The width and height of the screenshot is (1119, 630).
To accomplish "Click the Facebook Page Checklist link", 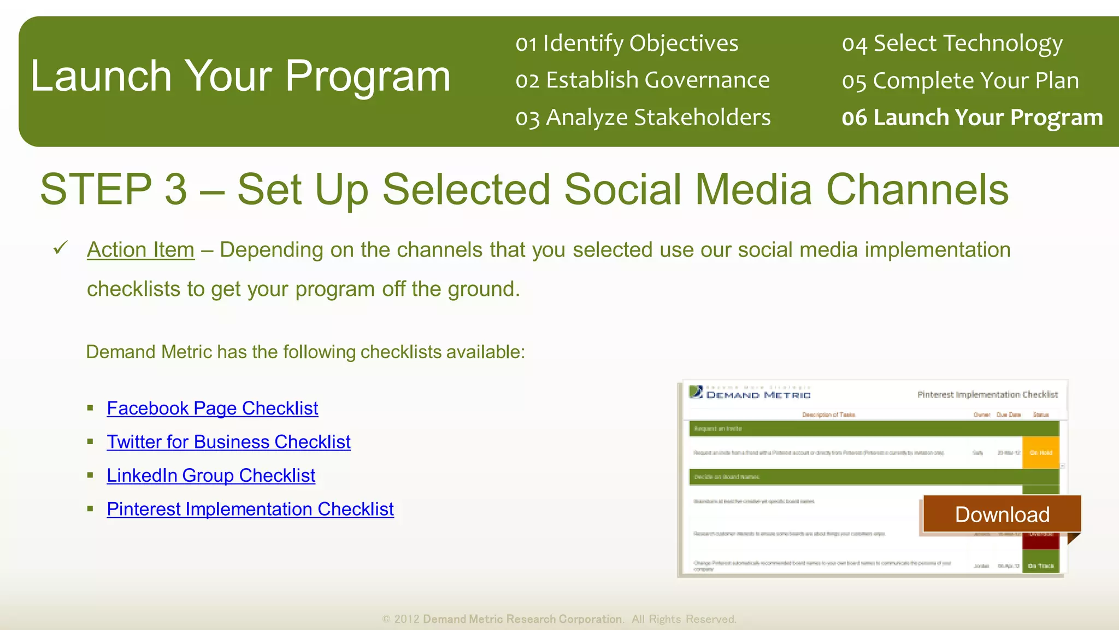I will [212, 409].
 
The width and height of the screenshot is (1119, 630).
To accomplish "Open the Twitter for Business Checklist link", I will [228, 442].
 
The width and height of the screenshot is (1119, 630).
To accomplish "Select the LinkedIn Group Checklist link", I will [210, 476].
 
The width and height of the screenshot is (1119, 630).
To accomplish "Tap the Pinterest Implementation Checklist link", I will [250, 509].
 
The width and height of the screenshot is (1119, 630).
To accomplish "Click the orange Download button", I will [1002, 514].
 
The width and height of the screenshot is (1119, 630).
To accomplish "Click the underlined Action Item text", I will [140, 250].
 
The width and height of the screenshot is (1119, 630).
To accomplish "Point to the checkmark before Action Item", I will [60, 248].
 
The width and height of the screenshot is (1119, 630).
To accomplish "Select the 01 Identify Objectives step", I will [626, 43].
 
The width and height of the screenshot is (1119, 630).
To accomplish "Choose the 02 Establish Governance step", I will [642, 80].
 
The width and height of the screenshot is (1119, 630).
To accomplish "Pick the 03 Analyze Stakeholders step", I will [643, 118].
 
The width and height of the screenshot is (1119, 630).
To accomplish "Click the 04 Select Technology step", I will [952, 43].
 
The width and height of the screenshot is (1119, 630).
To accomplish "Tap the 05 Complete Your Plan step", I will [960, 80].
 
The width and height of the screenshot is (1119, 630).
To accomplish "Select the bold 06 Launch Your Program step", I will [972, 118].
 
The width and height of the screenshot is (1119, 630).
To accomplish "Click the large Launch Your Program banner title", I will [240, 76].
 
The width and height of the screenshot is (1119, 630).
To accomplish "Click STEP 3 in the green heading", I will [113, 189].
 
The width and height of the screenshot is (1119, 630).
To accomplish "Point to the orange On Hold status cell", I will [1040, 452].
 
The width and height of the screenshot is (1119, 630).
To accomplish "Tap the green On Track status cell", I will [1040, 565].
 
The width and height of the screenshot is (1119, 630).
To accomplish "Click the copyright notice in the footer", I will [559, 619].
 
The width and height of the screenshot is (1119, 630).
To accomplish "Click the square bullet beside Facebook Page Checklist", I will [91, 408].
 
